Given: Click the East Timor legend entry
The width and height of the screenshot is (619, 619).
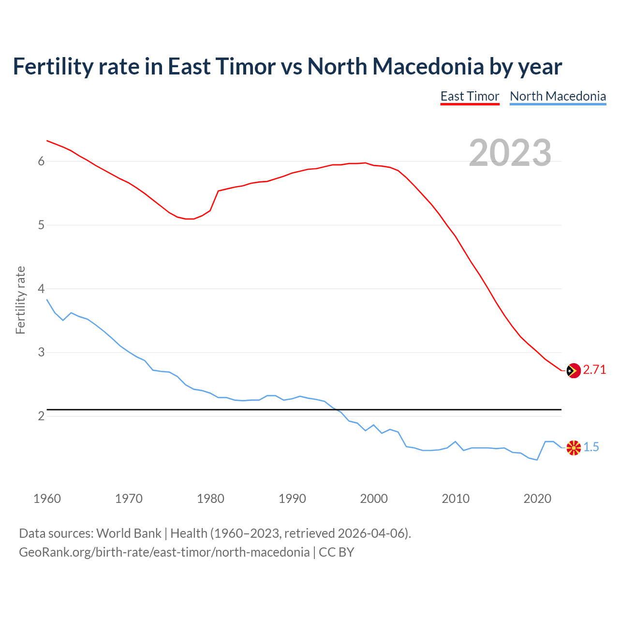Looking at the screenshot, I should pyautogui.click(x=470, y=96).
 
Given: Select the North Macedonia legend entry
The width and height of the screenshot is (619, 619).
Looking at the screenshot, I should pyautogui.click(x=558, y=96).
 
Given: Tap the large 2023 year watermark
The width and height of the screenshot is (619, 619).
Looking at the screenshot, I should pyautogui.click(x=510, y=153).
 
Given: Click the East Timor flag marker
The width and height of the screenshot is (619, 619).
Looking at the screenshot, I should pyautogui.click(x=573, y=370).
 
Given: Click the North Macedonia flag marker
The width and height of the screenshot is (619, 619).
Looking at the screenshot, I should pyautogui.click(x=573, y=448).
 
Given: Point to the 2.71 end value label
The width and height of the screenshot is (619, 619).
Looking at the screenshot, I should pyautogui.click(x=594, y=370).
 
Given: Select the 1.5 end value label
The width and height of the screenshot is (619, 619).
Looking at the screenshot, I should pyautogui.click(x=591, y=447).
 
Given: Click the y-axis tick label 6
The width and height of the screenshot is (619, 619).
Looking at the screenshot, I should pyautogui.click(x=41, y=162).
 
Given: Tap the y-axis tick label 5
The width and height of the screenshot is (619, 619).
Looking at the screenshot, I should pyautogui.click(x=41, y=225).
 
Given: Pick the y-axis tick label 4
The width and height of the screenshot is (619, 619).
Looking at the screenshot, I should pyautogui.click(x=41, y=289).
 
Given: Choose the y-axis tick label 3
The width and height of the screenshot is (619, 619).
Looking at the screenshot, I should pyautogui.click(x=41, y=353).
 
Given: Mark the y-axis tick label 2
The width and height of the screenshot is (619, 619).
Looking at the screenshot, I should pyautogui.click(x=41, y=416).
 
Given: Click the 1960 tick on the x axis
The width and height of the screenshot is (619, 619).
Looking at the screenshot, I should pyautogui.click(x=47, y=499).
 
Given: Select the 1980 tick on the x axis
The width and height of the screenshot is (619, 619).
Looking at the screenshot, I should pyautogui.click(x=210, y=499).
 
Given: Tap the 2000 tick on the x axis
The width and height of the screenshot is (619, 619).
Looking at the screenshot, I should pyautogui.click(x=374, y=499).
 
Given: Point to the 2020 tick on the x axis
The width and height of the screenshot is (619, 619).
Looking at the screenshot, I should pyautogui.click(x=537, y=499).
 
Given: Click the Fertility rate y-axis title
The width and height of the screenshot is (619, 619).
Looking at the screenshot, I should pyautogui.click(x=20, y=300).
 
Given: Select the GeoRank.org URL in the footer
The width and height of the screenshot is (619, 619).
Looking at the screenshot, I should pyautogui.click(x=164, y=552).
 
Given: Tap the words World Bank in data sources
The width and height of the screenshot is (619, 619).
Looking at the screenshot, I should pyautogui.click(x=129, y=533).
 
